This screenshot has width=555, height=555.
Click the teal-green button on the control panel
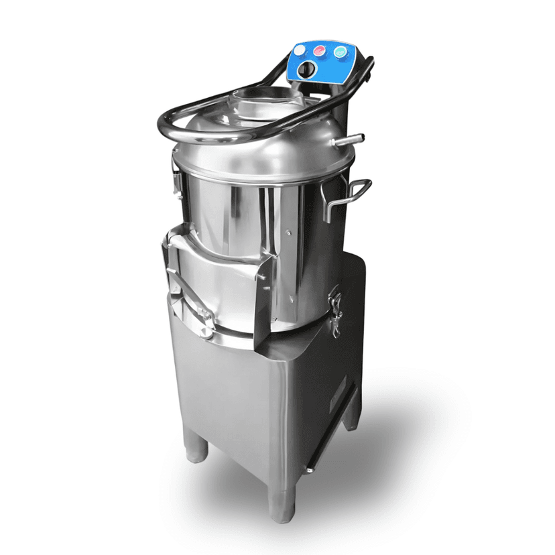pyautogui.click(x=341, y=52)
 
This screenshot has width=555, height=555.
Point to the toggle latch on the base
pyautogui.click(x=335, y=310)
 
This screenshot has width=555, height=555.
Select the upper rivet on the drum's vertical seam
pyautogui.click(x=288, y=233)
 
